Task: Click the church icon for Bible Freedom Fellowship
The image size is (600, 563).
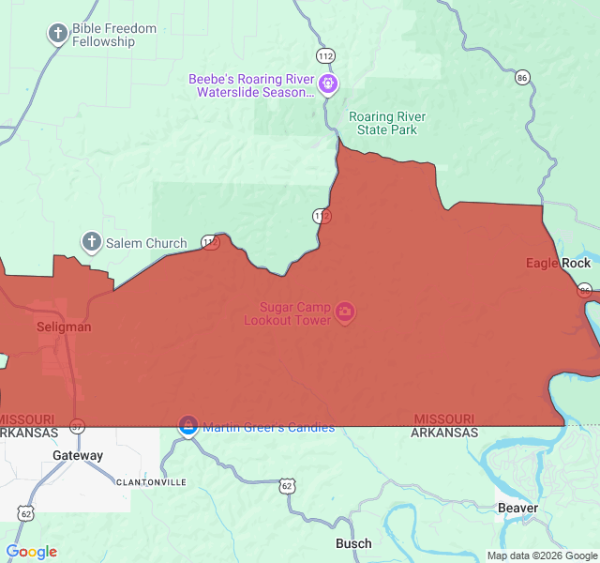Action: click(58, 35)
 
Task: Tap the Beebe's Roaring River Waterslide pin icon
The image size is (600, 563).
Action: click(328, 85)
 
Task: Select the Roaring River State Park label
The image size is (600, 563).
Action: click(387, 123)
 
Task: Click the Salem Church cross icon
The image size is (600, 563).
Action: click(92, 242)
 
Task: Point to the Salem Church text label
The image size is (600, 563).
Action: click(146, 243)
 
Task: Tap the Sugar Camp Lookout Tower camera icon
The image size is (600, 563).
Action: click(345, 312)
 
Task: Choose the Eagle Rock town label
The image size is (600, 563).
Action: click(558, 264)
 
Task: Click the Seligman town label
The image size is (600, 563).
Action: click(64, 327)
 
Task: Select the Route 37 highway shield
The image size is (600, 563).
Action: click(78, 426)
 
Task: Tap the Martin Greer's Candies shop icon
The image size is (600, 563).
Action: click(188, 427)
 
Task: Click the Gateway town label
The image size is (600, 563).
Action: click(78, 456)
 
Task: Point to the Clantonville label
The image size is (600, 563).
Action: click(151, 482)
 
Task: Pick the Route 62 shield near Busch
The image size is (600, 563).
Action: click(287, 486)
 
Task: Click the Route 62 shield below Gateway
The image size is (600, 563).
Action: click(25, 513)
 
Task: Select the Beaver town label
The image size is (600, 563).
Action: click(518, 509)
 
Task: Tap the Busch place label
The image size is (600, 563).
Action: click(353, 543)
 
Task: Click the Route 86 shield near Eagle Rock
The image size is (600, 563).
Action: click(585, 290)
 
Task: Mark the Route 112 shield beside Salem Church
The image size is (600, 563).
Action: click(211, 243)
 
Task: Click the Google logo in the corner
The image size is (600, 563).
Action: click(31, 552)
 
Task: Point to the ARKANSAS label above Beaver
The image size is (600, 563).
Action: click(444, 433)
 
